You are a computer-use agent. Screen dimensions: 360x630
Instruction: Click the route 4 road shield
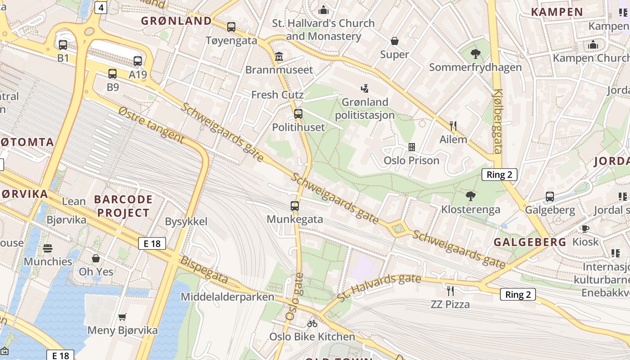pyautogui.click(x=101, y=7)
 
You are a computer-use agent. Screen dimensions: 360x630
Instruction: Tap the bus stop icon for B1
pyautogui.click(x=63, y=45)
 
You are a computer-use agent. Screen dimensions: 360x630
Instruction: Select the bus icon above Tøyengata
pyautogui.click(x=231, y=27)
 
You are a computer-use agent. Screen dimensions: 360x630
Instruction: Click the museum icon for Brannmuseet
pyautogui.click(x=279, y=57)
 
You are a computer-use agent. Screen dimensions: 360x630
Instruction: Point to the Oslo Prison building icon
pyautogui.click(x=411, y=147)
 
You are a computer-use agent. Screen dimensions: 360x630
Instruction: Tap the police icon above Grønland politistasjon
pyautogui.click(x=365, y=89)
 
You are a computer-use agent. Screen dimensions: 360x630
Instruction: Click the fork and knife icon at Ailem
pyautogui.click(x=453, y=126)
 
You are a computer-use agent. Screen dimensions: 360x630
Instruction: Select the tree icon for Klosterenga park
pyautogui.click(x=471, y=196)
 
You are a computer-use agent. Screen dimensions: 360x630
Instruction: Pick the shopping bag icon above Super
pyautogui.click(x=395, y=41)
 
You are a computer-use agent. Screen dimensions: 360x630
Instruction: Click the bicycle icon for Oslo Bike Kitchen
pyautogui.click(x=312, y=323)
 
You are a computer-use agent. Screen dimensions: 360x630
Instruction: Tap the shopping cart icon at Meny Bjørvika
pyautogui.click(x=122, y=317)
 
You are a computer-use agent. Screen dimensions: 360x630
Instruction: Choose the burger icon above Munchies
pyautogui.click(x=48, y=248)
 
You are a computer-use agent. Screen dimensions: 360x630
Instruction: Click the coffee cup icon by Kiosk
pyautogui.click(x=585, y=229)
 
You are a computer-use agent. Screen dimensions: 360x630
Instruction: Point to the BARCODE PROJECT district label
pyautogui.click(x=123, y=206)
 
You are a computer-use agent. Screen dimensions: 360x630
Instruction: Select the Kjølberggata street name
pyautogui.click(x=498, y=121)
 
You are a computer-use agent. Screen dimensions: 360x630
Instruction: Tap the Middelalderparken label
pyautogui.click(x=227, y=297)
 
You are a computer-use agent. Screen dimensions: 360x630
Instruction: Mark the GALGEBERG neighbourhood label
pyautogui.click(x=530, y=242)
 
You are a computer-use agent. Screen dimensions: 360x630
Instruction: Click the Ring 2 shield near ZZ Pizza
pyautogui.click(x=518, y=295)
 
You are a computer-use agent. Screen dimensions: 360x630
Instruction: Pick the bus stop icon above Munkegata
pyautogui.click(x=295, y=206)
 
